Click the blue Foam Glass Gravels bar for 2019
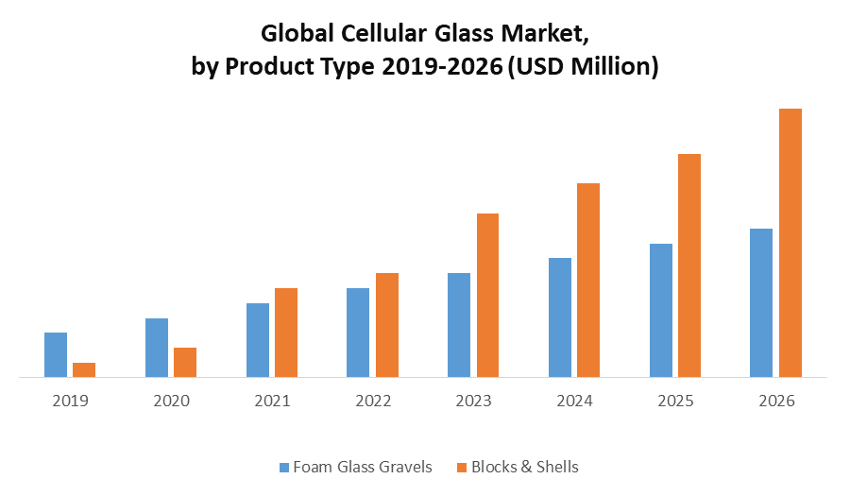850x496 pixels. [x=56, y=354]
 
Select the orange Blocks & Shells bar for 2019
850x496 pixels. [x=84, y=369]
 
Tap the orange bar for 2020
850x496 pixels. [x=185, y=362]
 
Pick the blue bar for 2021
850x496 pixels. [x=258, y=340]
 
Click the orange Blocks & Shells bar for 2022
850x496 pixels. [x=387, y=325]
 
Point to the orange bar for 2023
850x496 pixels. [x=487, y=295]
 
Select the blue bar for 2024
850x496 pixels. [x=560, y=317]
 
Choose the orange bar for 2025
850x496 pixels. [x=689, y=265]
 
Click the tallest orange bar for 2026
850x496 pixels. [x=790, y=243]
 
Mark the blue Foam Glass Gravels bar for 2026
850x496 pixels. [x=761, y=302]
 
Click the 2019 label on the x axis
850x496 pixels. [x=70, y=401]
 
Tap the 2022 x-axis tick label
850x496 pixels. [x=373, y=401]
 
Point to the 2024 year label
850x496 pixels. [x=574, y=401]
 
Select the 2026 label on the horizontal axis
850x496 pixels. [x=776, y=401]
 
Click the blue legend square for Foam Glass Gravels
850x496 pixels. [x=283, y=467]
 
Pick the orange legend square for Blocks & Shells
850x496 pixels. [x=461, y=467]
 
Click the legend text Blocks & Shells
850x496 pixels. [x=524, y=467]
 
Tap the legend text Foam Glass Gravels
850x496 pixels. [x=363, y=467]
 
